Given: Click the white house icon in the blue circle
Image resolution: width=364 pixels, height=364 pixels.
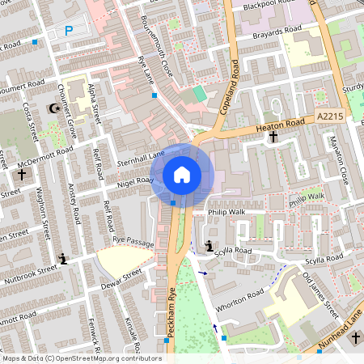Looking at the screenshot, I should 182,173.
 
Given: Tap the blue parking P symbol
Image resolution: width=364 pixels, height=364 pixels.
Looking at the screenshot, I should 69,31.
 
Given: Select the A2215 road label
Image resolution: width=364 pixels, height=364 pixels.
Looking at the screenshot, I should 330,116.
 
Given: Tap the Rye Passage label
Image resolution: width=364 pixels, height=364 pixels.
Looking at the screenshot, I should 133,241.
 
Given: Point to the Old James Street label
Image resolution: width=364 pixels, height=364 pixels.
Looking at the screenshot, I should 320,294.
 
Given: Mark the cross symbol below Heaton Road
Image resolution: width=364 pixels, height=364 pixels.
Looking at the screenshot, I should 273,138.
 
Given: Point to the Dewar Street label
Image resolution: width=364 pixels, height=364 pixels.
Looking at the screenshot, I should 121,279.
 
